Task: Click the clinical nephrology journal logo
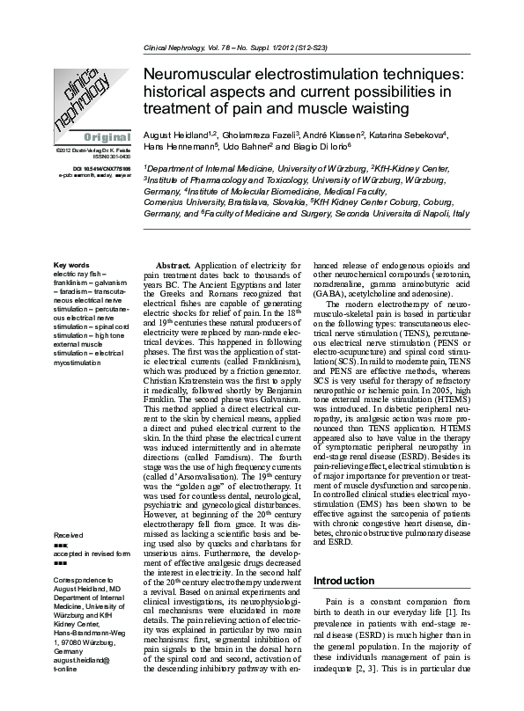point(85,97)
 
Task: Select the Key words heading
point(71,265)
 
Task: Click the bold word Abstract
point(173,265)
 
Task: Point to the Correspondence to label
point(85,582)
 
